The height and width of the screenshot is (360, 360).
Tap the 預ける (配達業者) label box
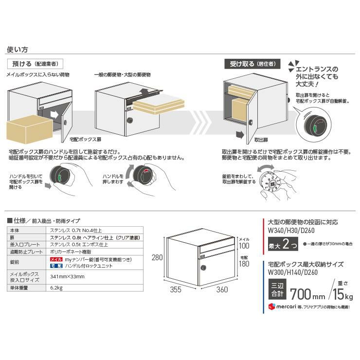[x=35, y=64]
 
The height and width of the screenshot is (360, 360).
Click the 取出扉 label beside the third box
[x=263, y=140]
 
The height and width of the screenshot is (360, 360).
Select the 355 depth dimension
[x=176, y=290]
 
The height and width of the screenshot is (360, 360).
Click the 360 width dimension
[x=221, y=290]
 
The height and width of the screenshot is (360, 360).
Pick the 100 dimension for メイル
[x=244, y=246]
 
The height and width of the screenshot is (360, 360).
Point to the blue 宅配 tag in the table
[x=57, y=266]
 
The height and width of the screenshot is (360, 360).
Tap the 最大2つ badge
[x=283, y=245]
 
